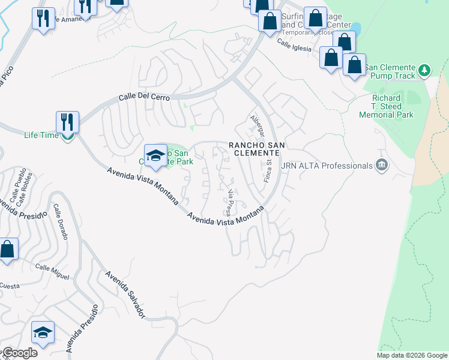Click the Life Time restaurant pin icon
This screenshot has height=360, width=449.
pyautogui.click(x=67, y=122)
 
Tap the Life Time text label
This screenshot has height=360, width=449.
pyautogui.click(x=41, y=135)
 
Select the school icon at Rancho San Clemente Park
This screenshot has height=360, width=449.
pyautogui.click(x=155, y=156)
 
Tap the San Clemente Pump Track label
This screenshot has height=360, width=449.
pyautogui.click(x=390, y=71)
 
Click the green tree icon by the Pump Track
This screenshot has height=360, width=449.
pyautogui.click(x=424, y=71)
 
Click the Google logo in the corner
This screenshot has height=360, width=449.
pyautogui.click(x=19, y=353)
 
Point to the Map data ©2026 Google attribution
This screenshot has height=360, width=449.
pyautogui.click(x=412, y=355)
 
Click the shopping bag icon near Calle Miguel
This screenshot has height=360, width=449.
pyautogui.click(x=7, y=250)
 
